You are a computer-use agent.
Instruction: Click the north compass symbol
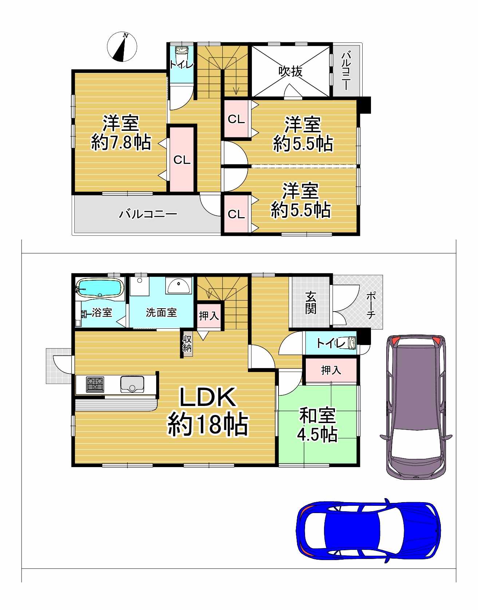point(122,47)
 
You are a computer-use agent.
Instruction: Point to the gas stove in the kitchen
point(95,384)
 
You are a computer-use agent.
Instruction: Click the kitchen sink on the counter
point(132,384)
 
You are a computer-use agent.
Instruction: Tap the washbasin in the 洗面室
point(179,286)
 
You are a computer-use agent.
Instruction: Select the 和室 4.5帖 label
point(317,425)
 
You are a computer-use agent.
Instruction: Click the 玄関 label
point(311,303)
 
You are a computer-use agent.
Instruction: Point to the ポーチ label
point(371,305)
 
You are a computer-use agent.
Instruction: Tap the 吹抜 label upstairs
point(291,71)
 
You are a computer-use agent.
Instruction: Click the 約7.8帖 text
point(121,142)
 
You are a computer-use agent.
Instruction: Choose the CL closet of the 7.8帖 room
point(182,160)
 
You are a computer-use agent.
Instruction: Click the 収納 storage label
point(187,343)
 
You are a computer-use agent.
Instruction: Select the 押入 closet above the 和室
point(331,370)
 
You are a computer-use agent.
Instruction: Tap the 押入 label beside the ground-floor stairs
point(209,316)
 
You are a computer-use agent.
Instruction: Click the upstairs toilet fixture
point(181,55)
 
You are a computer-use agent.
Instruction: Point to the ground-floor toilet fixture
point(351,343)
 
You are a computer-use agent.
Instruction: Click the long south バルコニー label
point(148,214)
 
